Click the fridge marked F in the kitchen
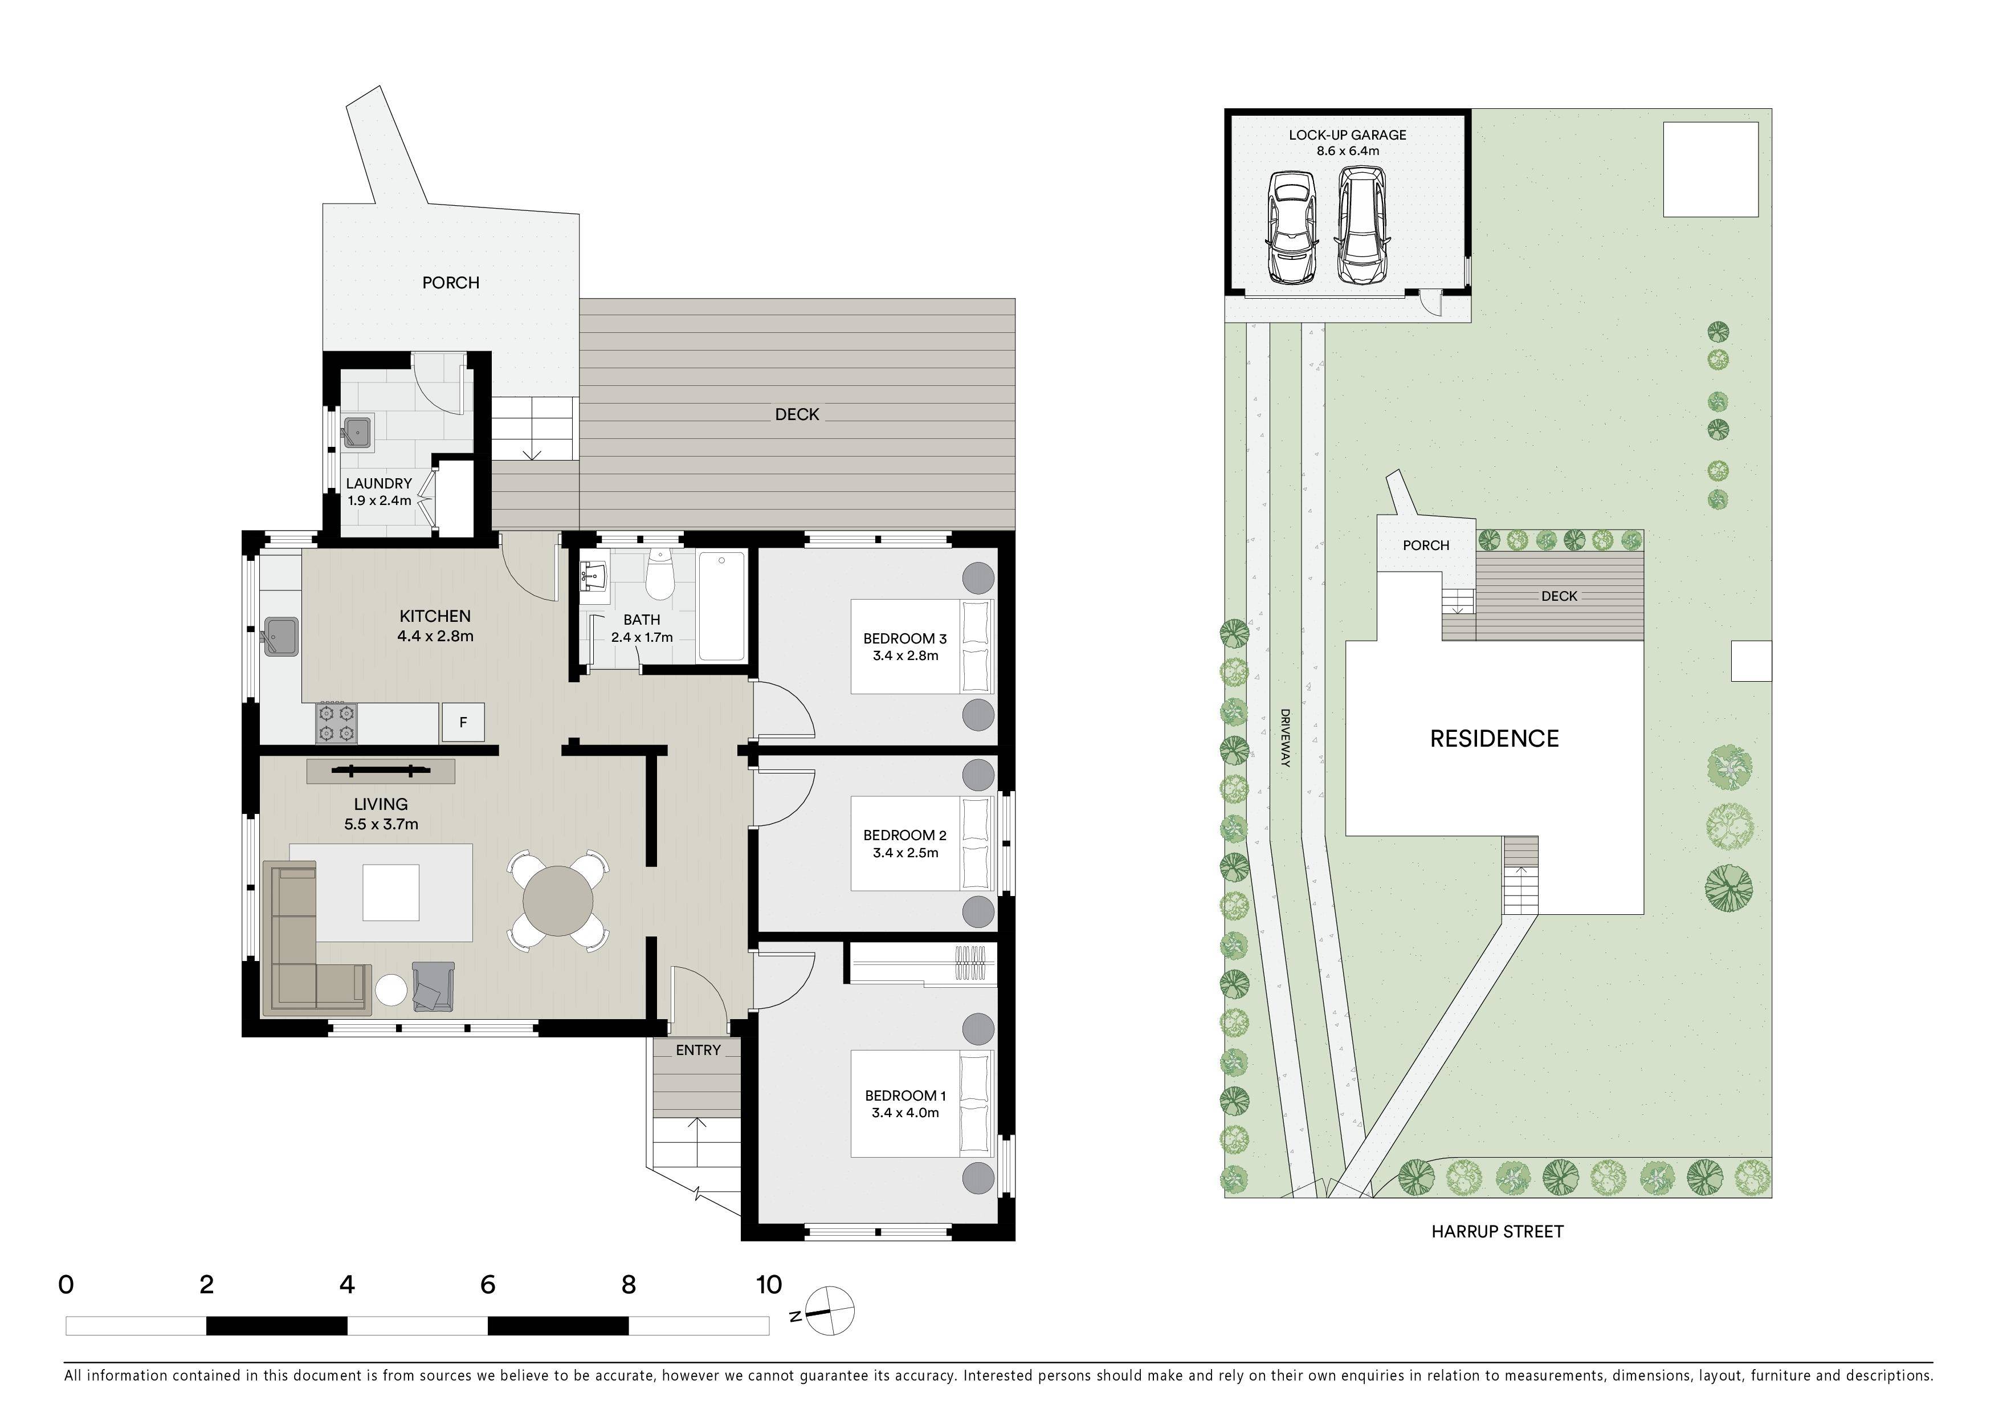coord(463,722)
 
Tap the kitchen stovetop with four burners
coord(336,723)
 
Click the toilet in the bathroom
coord(659,574)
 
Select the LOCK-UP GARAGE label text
coord(1348,135)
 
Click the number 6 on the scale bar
coord(488,1284)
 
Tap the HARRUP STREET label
coord(1498,1232)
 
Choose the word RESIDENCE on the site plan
coord(1494,739)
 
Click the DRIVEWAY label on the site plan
coord(1285,738)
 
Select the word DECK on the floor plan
coord(797,414)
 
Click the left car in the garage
coord(1291,228)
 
